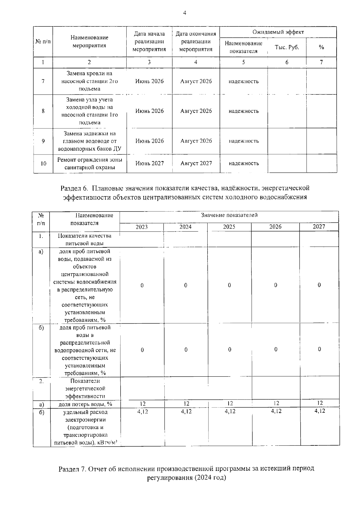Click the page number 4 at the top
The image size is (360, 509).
point(184,13)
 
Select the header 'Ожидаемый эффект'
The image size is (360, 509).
point(278,32)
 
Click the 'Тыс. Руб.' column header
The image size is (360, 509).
point(287,47)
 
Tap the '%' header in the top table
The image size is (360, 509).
point(321,47)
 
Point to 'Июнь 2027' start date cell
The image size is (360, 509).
point(149,163)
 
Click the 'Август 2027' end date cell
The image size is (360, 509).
point(196,163)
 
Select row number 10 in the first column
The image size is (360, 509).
point(43,164)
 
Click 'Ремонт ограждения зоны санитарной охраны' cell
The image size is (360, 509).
point(90,164)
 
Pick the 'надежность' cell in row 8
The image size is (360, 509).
point(244,111)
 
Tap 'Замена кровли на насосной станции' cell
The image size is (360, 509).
point(89,81)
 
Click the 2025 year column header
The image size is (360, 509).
point(229,227)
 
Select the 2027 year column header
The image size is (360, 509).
point(319,227)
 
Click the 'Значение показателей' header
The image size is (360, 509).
point(229,215)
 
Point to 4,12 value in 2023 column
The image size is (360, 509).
point(142,412)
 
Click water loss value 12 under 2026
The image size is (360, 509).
point(276,404)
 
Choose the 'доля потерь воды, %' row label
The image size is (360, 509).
point(85,404)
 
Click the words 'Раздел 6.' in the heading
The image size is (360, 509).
point(74,189)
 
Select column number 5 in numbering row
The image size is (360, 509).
point(244,62)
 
